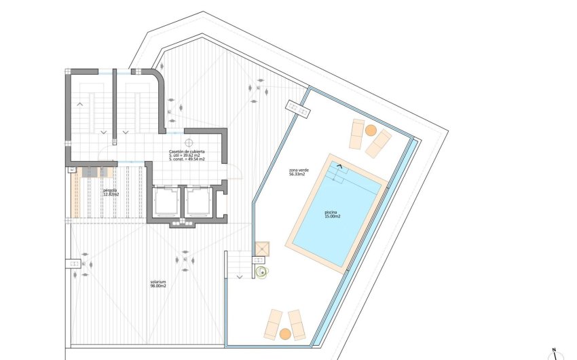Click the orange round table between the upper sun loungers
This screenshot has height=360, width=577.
(371, 129)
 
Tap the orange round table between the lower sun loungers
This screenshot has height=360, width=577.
(286, 333)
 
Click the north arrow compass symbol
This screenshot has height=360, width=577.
(554, 354)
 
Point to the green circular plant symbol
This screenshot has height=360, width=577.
(261, 272)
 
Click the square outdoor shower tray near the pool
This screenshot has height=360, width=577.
(262, 249)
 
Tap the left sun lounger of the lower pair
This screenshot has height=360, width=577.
(273, 323)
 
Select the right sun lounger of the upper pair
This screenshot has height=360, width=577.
(378, 143)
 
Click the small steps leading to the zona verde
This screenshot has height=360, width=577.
(238, 264)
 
